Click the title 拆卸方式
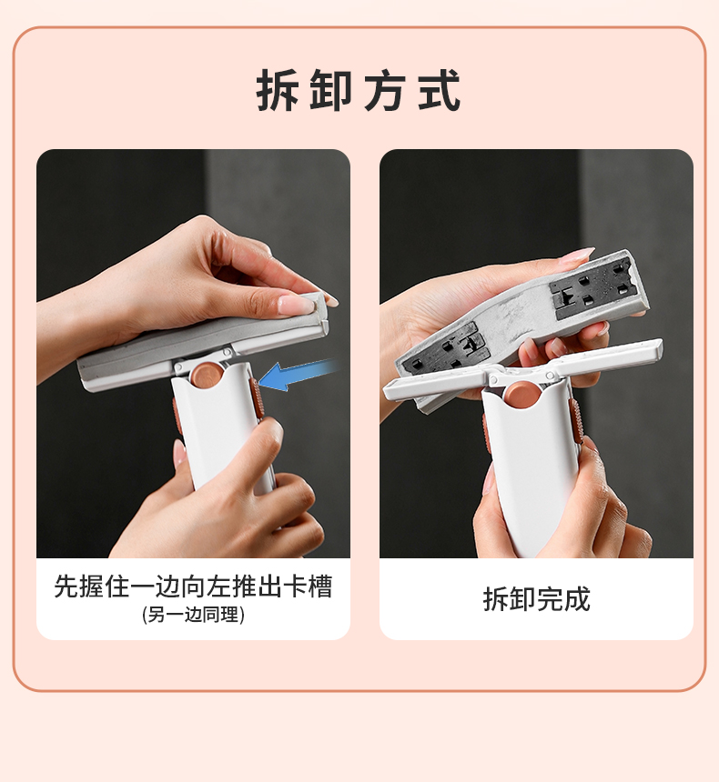[x=359, y=90]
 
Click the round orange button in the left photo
[x=206, y=374]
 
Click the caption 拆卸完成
[x=537, y=599]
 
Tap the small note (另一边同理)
[x=193, y=615]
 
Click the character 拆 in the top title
[x=278, y=90]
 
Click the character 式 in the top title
[x=440, y=90]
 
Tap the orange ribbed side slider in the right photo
[x=577, y=423]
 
